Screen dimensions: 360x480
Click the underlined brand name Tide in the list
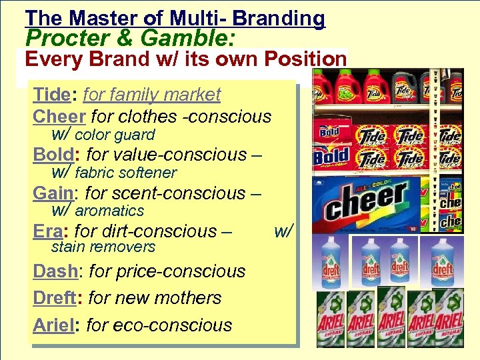(54, 95)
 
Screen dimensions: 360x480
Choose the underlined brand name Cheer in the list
(59, 116)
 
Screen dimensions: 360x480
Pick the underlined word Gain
(53, 193)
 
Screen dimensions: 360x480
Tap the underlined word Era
(49, 231)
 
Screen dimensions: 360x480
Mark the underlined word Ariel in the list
(54, 325)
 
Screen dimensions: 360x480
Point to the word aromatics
(109, 211)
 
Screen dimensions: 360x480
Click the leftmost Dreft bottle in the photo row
(331, 262)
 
